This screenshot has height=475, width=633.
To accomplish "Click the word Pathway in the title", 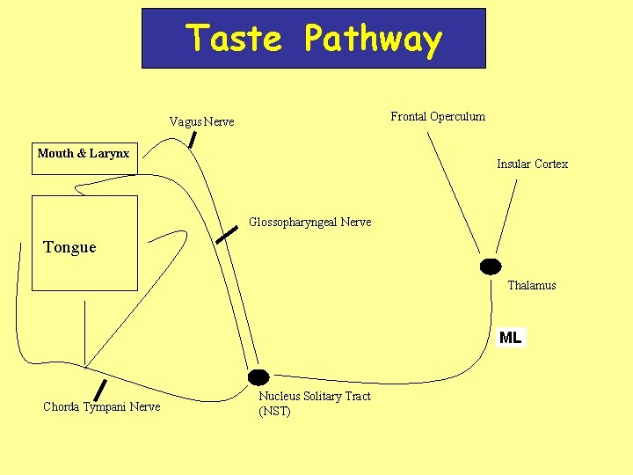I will click(373, 40).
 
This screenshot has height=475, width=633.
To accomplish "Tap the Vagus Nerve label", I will click(201, 121).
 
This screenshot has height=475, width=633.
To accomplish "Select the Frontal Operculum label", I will click(437, 116).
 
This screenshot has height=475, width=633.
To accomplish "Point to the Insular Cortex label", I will click(532, 164).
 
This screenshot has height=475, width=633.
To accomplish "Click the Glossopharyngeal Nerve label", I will click(309, 222).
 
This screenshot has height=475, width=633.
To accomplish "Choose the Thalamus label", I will click(531, 285).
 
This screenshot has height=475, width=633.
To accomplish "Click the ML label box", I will click(510, 337).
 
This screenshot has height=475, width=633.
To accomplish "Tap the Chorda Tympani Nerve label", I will click(101, 406).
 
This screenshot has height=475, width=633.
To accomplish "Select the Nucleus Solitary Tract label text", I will click(314, 396).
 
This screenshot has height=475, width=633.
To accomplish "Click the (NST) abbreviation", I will click(274, 411).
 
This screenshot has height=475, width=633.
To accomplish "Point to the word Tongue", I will click(69, 247).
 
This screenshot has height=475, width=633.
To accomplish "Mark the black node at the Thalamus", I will click(490, 267).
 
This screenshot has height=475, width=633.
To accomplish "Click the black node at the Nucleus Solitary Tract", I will click(258, 377).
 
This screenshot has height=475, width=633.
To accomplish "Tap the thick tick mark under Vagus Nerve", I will click(192, 139).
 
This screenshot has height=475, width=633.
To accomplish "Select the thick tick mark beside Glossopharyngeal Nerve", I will click(227, 233).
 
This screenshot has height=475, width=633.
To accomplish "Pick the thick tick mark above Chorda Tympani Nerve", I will click(100, 389).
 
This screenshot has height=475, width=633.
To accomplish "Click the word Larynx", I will click(110, 153).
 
